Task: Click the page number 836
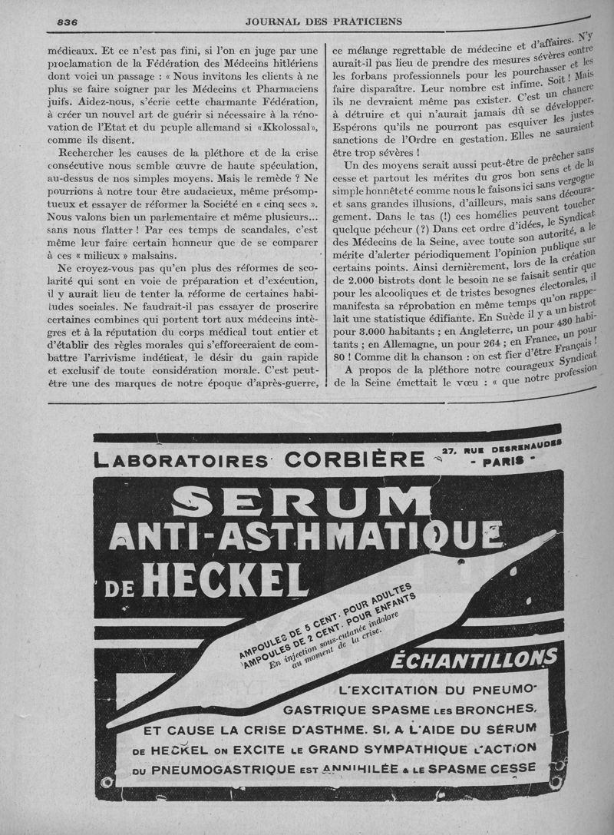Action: coord(70,22)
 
